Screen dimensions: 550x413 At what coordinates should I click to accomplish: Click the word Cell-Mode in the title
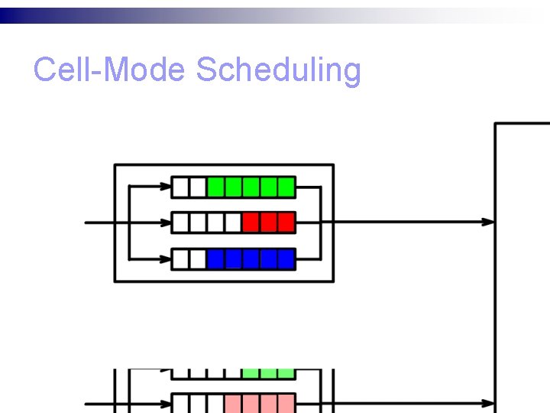(109, 70)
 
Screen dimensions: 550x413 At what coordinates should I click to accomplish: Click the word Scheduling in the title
(278, 71)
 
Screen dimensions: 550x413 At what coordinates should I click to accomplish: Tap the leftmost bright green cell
(215, 186)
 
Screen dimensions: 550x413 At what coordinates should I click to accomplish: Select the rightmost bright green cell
(286, 186)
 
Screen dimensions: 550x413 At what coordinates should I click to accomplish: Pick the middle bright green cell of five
(251, 186)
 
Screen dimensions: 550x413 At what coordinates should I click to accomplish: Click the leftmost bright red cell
(251, 223)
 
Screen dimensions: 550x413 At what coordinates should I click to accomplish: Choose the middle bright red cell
(268, 223)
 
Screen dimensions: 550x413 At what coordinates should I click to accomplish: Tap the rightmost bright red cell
(286, 223)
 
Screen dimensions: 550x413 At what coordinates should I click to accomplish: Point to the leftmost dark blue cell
(215, 259)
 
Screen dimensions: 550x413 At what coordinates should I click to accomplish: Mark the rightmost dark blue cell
(286, 259)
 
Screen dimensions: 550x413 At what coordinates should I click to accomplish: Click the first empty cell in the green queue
(180, 186)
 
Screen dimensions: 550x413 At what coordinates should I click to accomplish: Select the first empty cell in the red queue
(180, 223)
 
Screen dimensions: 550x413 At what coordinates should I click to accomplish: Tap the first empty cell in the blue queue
(180, 259)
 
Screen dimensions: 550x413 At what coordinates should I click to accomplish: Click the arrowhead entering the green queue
(166, 186)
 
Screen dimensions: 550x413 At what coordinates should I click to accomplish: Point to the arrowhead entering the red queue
(166, 223)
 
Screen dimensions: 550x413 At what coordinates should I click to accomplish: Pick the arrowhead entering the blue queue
(166, 259)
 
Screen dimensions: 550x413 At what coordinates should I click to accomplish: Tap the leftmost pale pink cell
(233, 403)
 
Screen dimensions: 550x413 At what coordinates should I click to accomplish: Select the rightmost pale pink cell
(286, 403)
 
